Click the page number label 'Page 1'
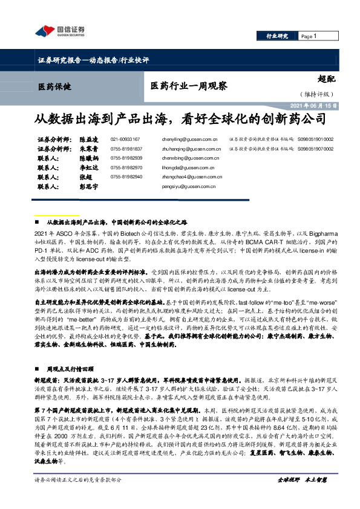coord(309,37)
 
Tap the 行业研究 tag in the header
coord(278,37)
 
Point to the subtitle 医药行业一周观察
coord(189,86)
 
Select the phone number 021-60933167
coord(125,139)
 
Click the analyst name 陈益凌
coord(90,139)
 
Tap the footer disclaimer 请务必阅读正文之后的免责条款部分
coord(79,496)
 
